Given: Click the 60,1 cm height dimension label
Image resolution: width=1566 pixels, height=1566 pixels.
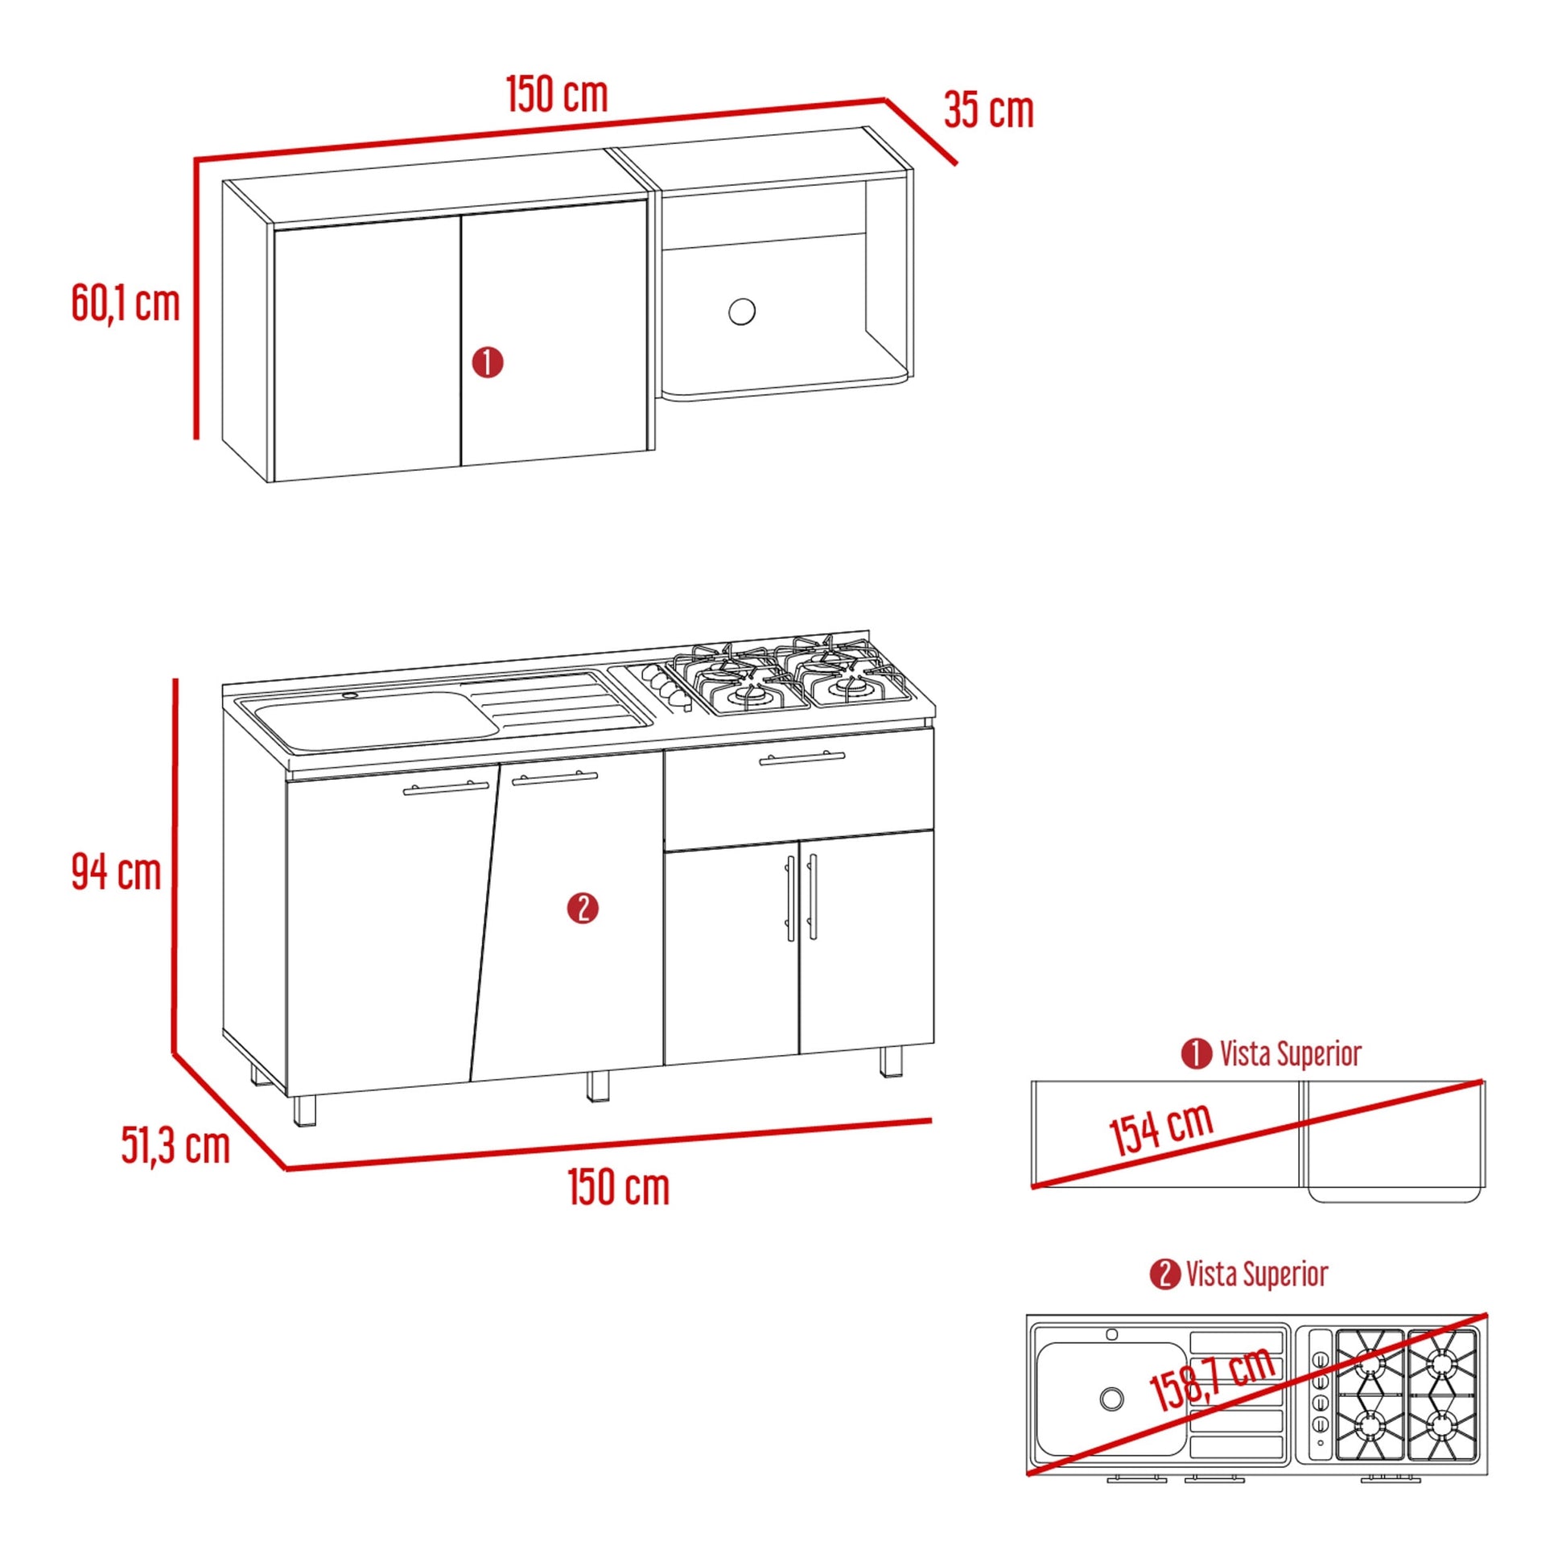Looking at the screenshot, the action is click(126, 304).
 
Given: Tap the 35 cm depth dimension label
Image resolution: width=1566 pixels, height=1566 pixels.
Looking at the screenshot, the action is click(988, 110).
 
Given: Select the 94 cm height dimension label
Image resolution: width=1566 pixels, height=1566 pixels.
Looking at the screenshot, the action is click(117, 872).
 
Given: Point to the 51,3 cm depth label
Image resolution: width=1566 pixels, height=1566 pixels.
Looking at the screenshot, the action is click(176, 1144).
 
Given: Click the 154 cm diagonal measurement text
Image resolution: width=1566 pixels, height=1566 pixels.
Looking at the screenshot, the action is click(1160, 1128).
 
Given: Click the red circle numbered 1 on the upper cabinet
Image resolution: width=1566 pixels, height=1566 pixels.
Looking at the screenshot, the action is click(488, 362).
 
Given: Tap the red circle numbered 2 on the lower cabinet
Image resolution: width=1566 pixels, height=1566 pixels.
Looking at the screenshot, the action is click(583, 909).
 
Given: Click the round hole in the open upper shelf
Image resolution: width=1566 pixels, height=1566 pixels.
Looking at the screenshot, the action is click(742, 311).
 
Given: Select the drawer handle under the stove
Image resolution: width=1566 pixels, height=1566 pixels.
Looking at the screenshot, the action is click(802, 758).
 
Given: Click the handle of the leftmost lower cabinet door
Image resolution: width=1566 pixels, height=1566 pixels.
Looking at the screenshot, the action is click(446, 788).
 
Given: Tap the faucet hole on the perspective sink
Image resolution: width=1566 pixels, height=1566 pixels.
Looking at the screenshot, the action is click(350, 695).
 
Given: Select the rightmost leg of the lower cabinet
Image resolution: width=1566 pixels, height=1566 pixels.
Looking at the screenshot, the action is click(891, 1061).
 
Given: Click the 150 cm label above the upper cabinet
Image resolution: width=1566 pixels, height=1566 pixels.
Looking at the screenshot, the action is click(557, 95).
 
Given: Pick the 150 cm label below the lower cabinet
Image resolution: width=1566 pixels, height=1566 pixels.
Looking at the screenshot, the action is click(619, 1188).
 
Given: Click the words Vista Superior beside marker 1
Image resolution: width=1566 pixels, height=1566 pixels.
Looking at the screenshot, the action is click(1291, 1053).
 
